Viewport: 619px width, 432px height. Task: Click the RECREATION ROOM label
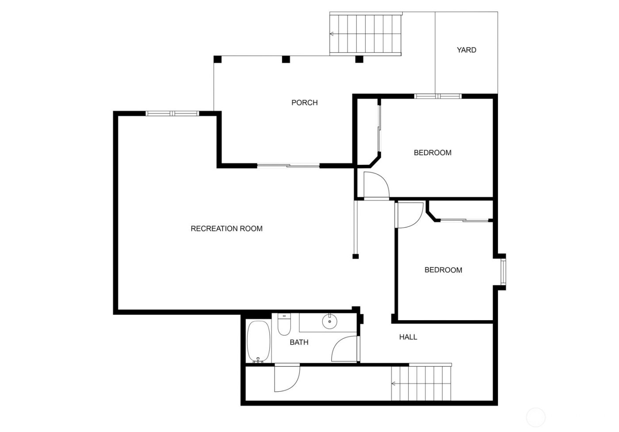[x=226, y=229]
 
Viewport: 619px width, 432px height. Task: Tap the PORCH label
[x=304, y=103]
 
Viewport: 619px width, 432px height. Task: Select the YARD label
[x=466, y=50]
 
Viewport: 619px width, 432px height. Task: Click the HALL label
[x=408, y=337]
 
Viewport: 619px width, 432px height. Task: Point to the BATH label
[x=299, y=342]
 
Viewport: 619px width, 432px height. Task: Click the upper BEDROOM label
[x=432, y=153]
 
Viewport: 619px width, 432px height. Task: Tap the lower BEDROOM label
[x=443, y=270]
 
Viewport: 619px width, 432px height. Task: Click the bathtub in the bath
[x=256, y=341]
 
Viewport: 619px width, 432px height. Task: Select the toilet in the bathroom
[x=284, y=325]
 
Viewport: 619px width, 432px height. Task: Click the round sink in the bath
[x=329, y=321]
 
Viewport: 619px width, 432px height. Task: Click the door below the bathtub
[x=286, y=378]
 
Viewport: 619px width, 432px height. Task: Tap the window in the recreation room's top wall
[x=172, y=114]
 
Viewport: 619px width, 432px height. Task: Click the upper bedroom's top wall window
[x=438, y=96]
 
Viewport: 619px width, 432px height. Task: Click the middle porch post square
[x=286, y=59]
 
